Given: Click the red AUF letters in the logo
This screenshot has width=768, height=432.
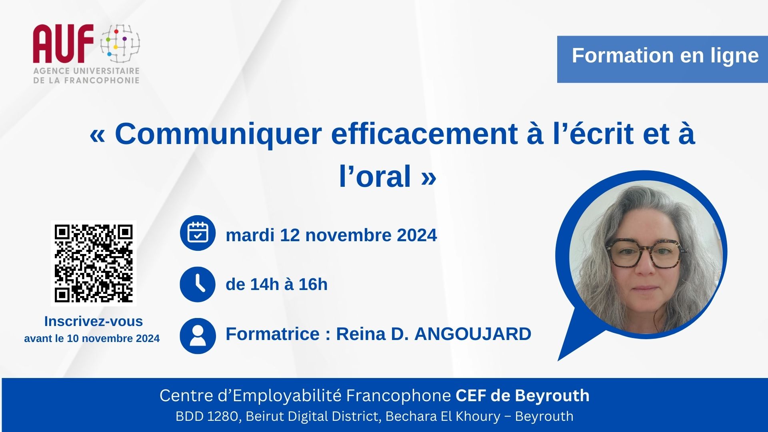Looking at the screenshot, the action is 63,44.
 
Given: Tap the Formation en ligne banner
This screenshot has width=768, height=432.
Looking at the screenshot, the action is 662,59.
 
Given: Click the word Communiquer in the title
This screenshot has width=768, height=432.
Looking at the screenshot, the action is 218,134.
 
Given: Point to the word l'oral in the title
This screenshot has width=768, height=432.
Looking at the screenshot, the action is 375,176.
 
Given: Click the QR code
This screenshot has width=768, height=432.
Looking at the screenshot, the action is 94,263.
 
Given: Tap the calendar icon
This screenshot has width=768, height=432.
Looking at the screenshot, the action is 198,233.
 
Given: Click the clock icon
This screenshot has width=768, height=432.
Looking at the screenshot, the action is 198,284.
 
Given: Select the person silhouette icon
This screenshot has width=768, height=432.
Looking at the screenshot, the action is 198,336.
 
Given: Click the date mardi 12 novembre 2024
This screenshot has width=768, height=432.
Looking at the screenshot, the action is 331,235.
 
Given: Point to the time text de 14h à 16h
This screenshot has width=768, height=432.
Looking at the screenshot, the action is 276,284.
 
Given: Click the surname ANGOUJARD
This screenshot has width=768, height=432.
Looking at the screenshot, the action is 473,334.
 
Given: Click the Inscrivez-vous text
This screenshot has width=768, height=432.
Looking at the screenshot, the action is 94,321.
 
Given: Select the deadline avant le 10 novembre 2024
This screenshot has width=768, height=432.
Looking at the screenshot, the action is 92,338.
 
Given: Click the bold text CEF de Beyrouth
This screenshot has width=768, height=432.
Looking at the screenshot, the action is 522,396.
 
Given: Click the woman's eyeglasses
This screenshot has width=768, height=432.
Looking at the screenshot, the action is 646,253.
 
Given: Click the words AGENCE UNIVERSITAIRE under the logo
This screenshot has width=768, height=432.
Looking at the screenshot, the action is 86,71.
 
